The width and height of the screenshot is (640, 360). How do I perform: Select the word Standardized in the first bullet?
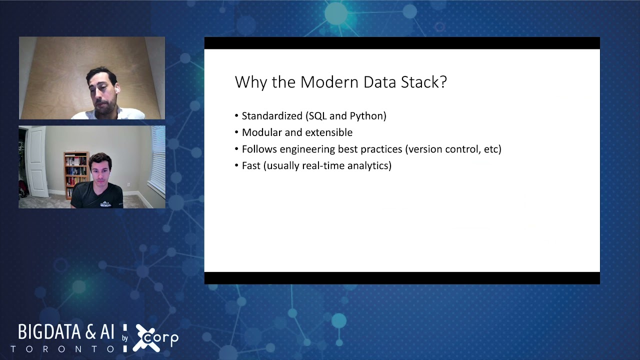tap(272, 116)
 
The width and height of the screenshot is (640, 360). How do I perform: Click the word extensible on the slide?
tap(328, 132)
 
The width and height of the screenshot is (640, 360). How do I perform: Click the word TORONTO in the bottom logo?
tap(62, 349)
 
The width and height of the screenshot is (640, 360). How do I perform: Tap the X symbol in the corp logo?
tap(145, 338)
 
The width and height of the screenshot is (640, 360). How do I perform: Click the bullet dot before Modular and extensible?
tap(237, 133)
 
